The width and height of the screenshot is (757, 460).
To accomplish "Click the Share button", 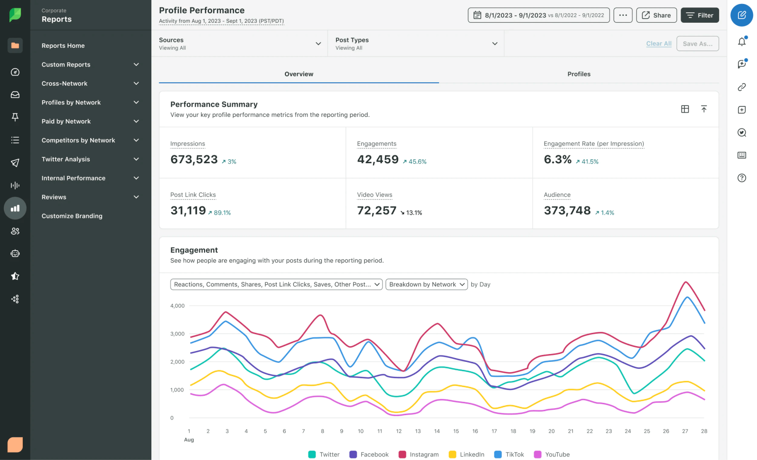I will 656,15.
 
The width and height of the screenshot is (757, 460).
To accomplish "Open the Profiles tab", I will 579,74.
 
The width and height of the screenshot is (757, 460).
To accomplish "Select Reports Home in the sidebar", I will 63,46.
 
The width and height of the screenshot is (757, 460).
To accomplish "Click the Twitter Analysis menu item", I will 66,159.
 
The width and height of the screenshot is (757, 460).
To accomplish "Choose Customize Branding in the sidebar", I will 72,216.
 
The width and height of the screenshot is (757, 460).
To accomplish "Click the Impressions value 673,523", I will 194,160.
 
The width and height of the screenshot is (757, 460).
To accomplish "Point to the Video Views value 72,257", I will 377,211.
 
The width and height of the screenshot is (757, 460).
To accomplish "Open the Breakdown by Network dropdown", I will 426,284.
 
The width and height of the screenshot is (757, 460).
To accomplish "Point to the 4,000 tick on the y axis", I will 177,306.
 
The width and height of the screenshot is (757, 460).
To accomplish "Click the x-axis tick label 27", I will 685,431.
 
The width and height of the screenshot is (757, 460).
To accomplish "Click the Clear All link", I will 658,44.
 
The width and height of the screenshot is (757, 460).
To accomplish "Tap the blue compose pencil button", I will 741,15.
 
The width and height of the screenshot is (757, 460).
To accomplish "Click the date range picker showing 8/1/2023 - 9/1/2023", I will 539,15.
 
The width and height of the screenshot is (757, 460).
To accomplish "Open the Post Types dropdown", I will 416,43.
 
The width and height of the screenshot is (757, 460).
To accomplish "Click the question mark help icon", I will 741,178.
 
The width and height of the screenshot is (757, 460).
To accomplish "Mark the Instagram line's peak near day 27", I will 686,282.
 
